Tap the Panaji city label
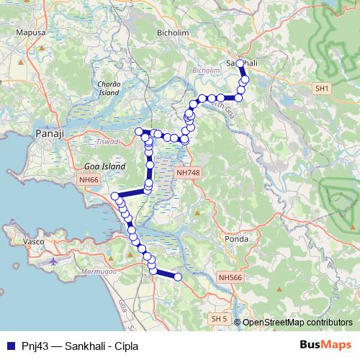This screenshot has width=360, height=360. pos(50,133)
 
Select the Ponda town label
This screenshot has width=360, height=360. pos(236,239)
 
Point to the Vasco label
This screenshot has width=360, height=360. pos(34,242)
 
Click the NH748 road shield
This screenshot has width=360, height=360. pos(189,173)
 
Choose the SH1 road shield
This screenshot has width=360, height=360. pos(321,88)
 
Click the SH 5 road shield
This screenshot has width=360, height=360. pos(218,318)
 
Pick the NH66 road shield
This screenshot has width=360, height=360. pos(89,181)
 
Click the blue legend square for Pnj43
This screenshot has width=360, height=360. pos(9,344)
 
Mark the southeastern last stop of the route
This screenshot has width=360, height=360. pos(178,276)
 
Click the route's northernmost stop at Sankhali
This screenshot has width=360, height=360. pos(240,63)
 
